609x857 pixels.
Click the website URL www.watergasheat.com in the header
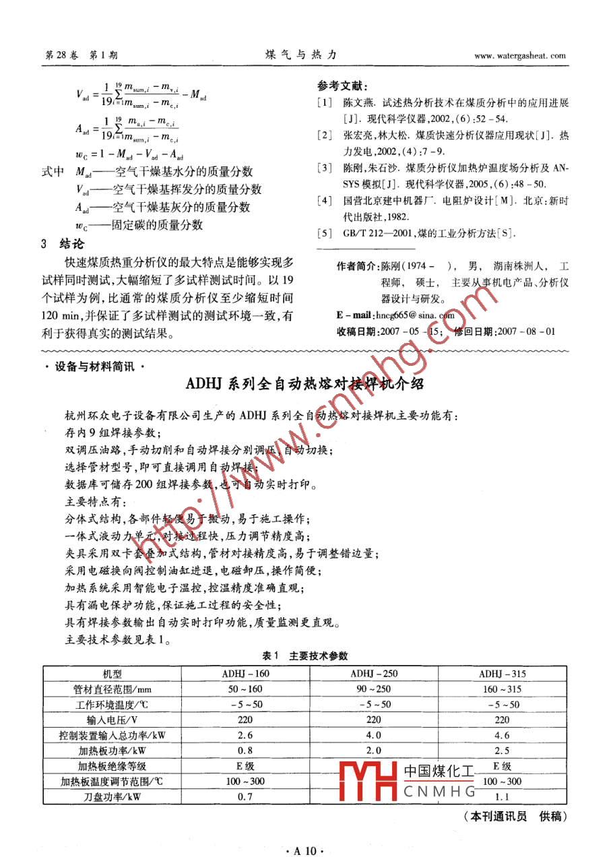[x=519, y=56]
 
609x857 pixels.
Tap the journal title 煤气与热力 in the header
[x=300, y=55]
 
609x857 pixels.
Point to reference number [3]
[x=325, y=167]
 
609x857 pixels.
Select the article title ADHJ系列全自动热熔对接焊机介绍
[x=304, y=384]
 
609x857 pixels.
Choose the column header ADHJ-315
[x=502, y=673]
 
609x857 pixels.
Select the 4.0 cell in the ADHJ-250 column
[x=374, y=735]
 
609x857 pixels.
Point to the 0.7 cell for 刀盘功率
[x=245, y=796]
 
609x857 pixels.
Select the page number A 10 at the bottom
[x=304, y=846]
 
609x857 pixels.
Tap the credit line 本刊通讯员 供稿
[x=516, y=817]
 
